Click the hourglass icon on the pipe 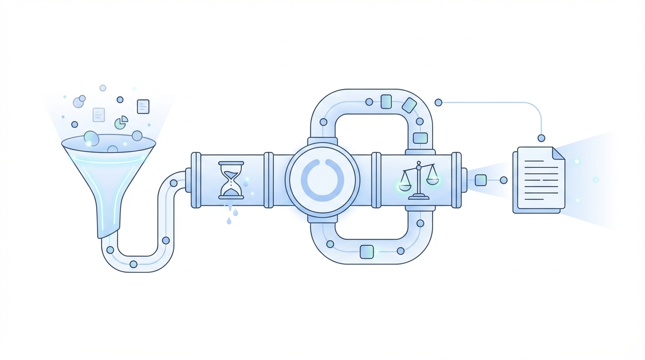(x=231, y=180)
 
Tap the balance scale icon (x=419, y=180)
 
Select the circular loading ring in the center (x=322, y=180)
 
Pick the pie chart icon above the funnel (x=121, y=122)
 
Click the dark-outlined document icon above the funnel (x=143, y=106)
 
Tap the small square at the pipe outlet (x=480, y=180)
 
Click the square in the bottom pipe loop (x=367, y=252)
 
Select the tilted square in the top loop (x=409, y=105)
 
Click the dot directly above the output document (x=541, y=138)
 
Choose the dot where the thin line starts (x=438, y=103)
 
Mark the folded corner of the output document (x=558, y=153)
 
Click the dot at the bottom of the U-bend (x=134, y=264)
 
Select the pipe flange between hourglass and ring (x=269, y=180)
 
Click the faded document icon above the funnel (x=98, y=115)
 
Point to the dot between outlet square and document (x=503, y=180)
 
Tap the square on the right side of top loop (x=420, y=138)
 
